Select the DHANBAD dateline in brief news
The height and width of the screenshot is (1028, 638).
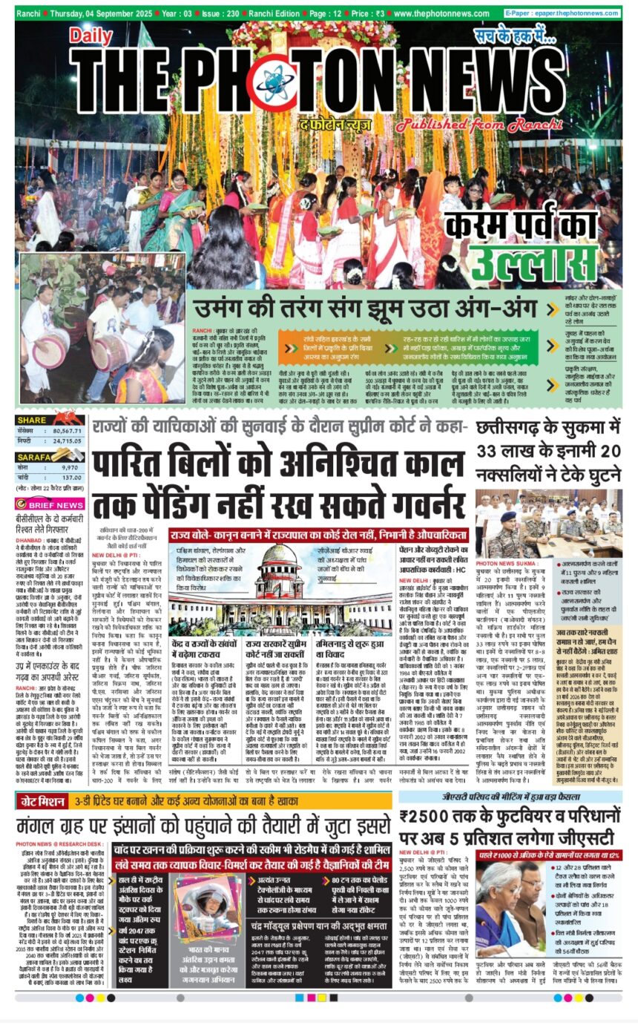pyautogui.click(x=29, y=541)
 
